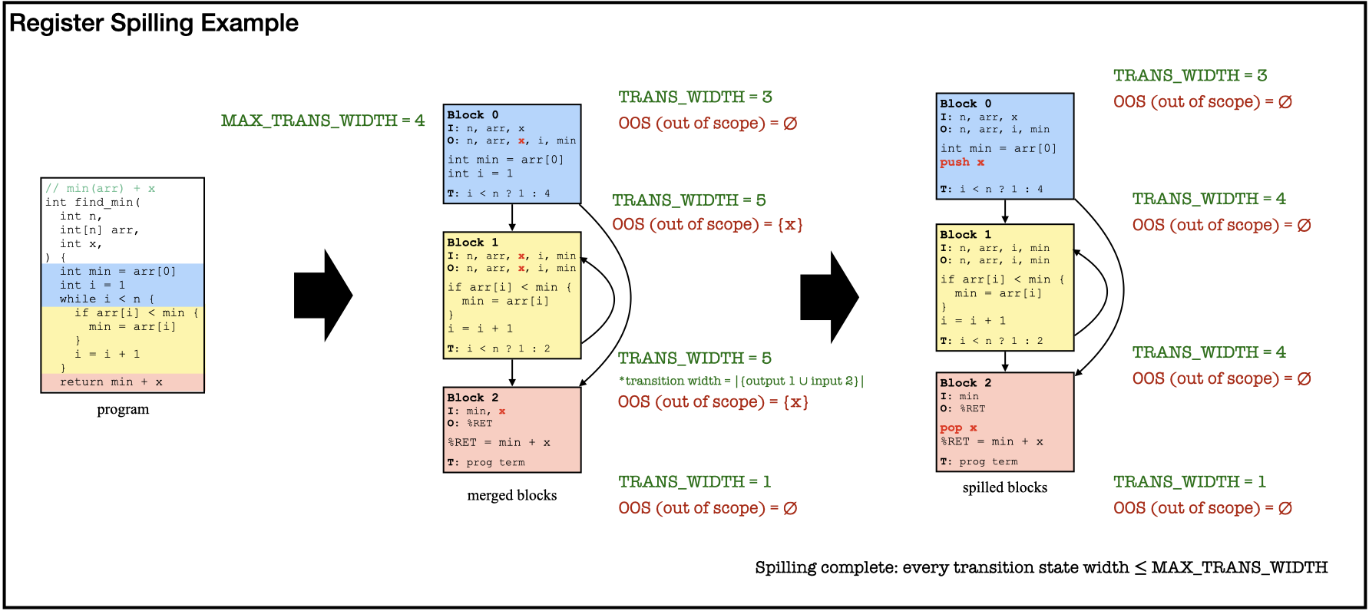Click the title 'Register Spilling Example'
point(154,23)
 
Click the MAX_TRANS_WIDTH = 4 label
point(322,121)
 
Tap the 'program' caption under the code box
point(123,409)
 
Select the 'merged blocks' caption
point(512,495)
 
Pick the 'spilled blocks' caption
point(1004,487)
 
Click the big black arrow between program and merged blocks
point(323,296)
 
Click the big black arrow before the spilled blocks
point(829,297)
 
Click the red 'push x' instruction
point(962,162)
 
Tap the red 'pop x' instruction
point(958,428)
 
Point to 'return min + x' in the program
point(111,381)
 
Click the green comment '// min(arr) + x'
point(100,188)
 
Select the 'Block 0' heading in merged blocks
point(473,114)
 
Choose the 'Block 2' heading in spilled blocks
point(966,382)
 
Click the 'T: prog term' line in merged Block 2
point(486,462)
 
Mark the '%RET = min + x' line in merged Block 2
point(499,442)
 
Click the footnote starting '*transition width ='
point(741,381)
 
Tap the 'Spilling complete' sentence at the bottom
point(1041,567)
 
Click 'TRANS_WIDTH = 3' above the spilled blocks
point(1190,75)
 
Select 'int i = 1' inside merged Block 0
point(481,173)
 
